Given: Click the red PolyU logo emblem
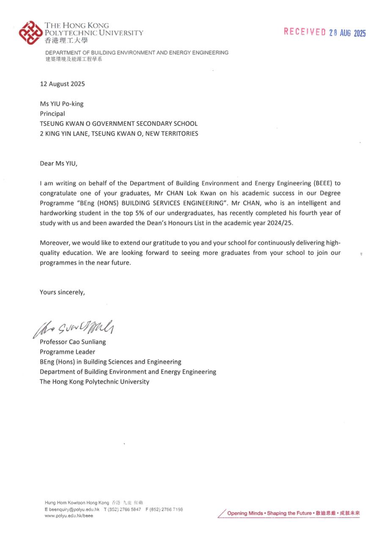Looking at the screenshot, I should tap(30, 33).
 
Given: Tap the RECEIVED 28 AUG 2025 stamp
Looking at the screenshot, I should tap(325, 32).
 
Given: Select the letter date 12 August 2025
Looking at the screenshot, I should tap(62, 84).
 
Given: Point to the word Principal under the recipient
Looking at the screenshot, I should tap(52, 113).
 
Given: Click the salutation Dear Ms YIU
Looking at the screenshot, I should tap(59, 163).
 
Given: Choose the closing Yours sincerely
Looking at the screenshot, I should tap(62, 292).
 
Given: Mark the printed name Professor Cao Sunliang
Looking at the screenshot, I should tap(73, 342).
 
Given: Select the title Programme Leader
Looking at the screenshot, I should tap(67, 351).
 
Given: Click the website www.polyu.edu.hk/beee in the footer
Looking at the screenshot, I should tap(69, 516).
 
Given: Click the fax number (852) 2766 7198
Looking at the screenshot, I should tap(166, 509).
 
